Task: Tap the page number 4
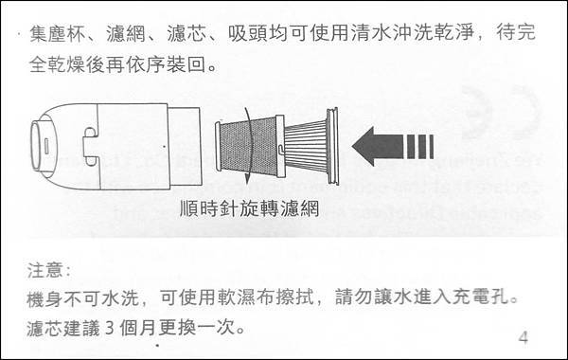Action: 524,337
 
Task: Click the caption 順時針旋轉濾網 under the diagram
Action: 250,208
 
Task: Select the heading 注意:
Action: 48,270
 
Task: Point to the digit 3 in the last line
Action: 110,328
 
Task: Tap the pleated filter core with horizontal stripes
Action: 306,146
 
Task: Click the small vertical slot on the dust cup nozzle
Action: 46,147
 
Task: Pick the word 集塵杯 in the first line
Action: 57,33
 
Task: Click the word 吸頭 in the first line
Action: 247,33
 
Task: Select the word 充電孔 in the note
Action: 480,298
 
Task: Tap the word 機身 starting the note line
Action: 45,298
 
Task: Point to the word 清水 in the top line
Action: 370,33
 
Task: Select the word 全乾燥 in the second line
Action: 57,65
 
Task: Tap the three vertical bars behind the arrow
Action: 420,147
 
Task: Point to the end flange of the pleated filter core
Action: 333,146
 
